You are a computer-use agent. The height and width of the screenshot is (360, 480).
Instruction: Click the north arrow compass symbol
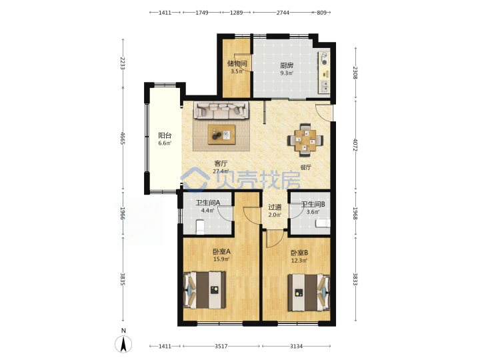point(123,344)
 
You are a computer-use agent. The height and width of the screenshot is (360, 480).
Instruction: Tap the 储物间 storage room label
point(237,64)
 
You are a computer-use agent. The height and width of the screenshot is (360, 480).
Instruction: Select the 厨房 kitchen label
point(287,65)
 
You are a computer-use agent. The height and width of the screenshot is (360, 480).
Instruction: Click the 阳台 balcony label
point(165,135)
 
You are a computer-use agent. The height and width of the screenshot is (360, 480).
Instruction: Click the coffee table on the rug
point(221,135)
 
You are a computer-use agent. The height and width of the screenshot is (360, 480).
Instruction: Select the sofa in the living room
point(221,111)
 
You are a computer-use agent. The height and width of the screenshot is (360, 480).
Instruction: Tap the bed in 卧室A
point(205,290)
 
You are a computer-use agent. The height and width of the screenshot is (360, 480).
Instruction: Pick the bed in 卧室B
point(309,293)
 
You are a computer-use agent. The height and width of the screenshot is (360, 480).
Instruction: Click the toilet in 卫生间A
point(199,227)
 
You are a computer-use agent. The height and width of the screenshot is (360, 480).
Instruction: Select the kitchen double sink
point(324,87)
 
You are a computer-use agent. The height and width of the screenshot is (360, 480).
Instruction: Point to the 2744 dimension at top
point(283,13)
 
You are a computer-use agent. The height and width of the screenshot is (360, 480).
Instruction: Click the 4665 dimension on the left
point(123,139)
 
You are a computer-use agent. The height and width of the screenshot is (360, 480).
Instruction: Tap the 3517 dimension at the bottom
point(221,346)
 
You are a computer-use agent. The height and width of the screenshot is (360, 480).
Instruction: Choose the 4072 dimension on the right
point(355,145)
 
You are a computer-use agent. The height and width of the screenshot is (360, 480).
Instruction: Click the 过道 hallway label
point(275,207)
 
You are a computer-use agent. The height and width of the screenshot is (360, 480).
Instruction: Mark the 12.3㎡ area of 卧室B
point(299,261)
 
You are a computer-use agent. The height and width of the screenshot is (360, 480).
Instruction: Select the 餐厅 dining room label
point(306,167)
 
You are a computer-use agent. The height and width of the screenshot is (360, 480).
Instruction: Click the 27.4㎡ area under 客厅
point(221,171)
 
